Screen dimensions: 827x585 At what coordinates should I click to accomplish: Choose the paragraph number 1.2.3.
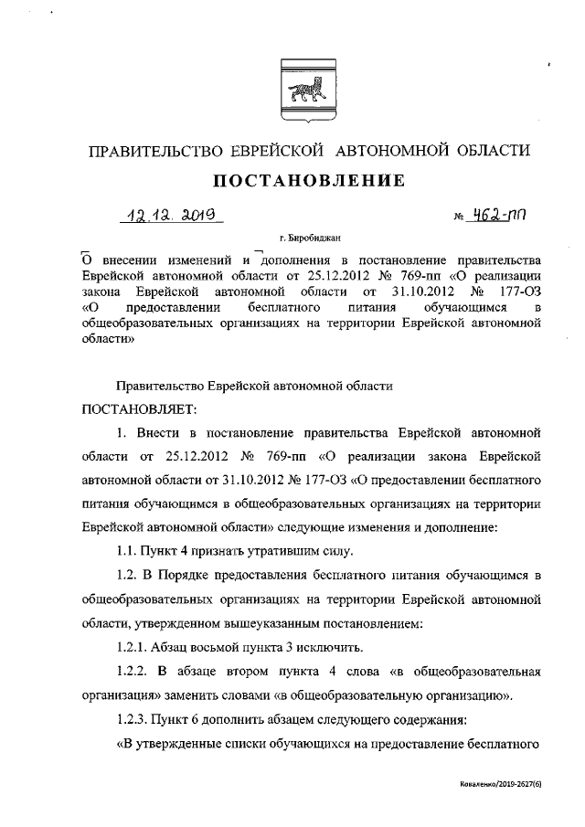coord(133,719)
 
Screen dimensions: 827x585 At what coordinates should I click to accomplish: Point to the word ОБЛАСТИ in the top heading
coord(489,150)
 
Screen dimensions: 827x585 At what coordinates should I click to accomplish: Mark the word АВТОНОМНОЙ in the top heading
coord(388,150)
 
